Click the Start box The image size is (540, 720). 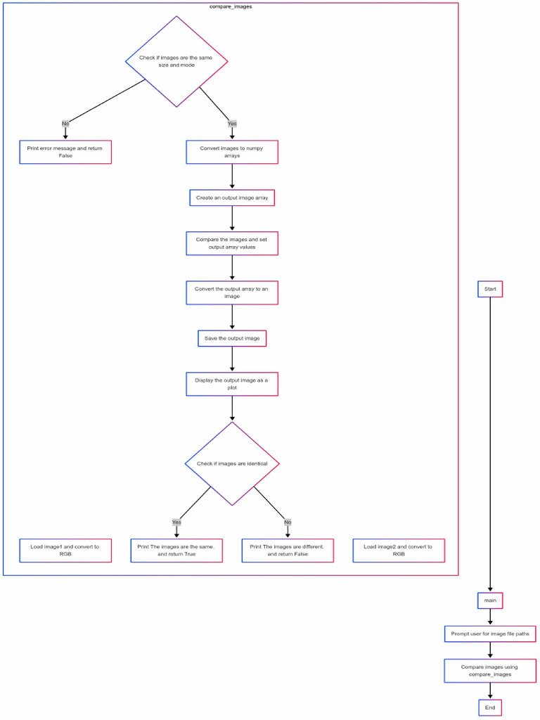click(490, 289)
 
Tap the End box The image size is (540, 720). click(490, 707)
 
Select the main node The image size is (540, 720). click(490, 600)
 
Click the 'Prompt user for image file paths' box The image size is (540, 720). click(490, 634)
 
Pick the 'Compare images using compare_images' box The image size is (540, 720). click(490, 671)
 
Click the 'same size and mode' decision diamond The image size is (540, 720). click(176, 61)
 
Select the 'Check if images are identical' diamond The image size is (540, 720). click(232, 463)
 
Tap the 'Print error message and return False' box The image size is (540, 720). click(65, 152)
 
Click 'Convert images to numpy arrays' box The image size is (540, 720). click(232, 152)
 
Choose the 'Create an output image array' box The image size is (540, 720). click(232, 198)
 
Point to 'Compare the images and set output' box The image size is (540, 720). click(232, 243)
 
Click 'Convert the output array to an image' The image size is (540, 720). click(232, 292)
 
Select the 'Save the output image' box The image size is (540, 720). click(232, 338)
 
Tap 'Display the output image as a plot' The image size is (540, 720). click(232, 384)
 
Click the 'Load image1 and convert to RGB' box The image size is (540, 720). click(65, 551)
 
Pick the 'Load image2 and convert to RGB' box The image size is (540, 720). click(399, 551)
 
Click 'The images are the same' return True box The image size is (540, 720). click(176, 551)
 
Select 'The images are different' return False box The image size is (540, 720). click(288, 551)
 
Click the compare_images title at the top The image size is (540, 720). click(231, 6)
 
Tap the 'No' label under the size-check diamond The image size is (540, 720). click(65, 123)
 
